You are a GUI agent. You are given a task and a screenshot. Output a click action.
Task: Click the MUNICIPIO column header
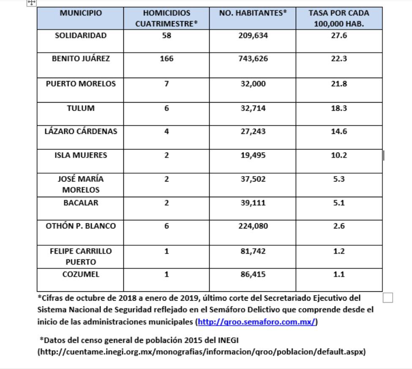click(x=81, y=13)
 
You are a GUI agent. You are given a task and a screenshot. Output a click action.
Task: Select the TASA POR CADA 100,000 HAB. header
click(x=338, y=19)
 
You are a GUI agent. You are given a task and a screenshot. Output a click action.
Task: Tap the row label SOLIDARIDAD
click(x=81, y=35)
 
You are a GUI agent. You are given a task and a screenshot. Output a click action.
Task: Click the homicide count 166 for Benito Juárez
click(x=166, y=59)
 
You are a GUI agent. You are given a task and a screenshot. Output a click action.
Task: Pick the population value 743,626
click(x=253, y=59)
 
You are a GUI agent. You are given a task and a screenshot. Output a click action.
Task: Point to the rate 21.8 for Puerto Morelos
click(x=338, y=84)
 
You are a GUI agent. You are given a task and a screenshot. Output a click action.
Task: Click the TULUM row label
click(x=81, y=108)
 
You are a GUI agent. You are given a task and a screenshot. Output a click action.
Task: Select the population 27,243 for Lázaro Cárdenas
click(x=253, y=131)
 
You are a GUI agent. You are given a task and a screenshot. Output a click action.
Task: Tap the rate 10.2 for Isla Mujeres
click(x=338, y=155)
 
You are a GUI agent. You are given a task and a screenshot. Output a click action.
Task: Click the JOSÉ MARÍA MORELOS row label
click(x=81, y=184)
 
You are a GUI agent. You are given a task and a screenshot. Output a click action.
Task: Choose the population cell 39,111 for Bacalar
click(x=253, y=203)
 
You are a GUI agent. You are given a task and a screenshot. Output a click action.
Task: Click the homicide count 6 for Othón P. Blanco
click(x=166, y=226)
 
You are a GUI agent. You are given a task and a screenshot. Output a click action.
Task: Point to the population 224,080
click(x=253, y=226)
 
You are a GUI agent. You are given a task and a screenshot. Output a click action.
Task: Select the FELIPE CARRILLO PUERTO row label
click(x=81, y=256)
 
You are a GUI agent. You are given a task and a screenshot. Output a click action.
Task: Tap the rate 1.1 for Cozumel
click(x=338, y=274)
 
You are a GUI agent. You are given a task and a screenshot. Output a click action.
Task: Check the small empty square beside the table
click(x=387, y=298)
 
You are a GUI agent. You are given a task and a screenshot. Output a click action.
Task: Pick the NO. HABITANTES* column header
click(x=253, y=13)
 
